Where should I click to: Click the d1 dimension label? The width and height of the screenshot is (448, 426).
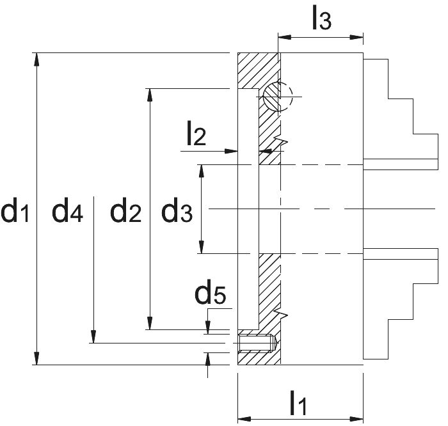coord(15,210)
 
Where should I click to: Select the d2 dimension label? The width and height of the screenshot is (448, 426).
coord(125,210)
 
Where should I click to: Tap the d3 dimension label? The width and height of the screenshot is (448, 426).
coord(177,210)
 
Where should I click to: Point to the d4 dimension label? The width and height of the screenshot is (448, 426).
coord(67,210)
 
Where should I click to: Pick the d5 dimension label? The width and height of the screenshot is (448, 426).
coord(211,292)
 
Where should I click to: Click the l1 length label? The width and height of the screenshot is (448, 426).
coord(298,402)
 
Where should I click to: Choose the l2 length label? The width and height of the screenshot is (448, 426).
coord(196,133)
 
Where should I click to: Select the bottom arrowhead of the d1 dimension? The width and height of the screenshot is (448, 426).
coord(36,358)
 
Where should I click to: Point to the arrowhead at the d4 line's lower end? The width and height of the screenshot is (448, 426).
coord(93,336)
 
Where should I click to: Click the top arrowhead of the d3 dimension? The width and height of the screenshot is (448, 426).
coord(202,171)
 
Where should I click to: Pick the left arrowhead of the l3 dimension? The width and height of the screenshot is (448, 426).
coord(285,37)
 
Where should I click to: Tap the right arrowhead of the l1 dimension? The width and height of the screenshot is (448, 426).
coord(356,419)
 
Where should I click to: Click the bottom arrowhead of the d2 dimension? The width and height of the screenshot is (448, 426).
coord(149,323)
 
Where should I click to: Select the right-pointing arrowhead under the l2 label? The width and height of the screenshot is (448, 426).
coord(231,151)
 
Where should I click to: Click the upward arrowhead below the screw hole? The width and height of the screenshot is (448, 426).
coord(208,359)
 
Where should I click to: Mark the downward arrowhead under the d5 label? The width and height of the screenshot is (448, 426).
coord(208,327)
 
